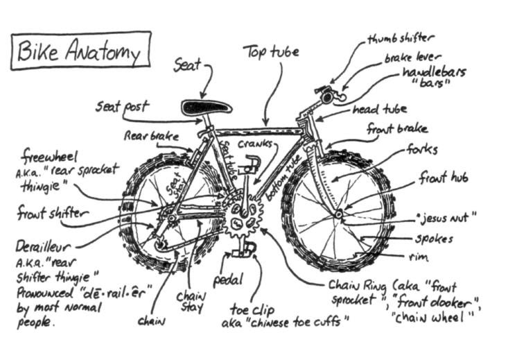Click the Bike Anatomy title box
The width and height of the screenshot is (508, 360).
pos(80,51)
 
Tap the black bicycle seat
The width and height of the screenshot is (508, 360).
pos(204,108)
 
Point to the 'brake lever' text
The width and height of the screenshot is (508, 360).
pos(413,59)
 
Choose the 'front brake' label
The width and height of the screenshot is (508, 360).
pos(397,129)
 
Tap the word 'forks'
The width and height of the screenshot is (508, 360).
pos(422,149)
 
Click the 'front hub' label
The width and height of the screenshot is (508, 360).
pos(443,178)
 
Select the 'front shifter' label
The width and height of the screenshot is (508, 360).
pos(53,214)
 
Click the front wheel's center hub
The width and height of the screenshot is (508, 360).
pos(338,215)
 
